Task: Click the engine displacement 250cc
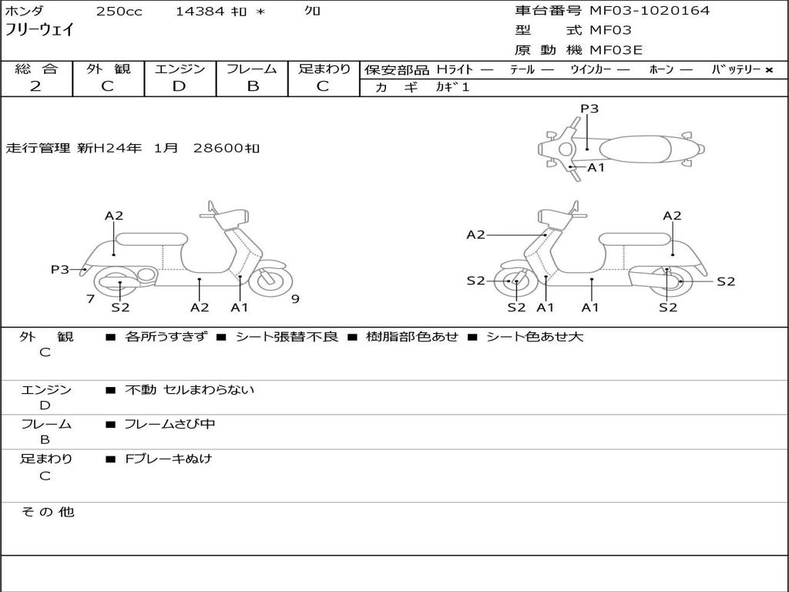(x=113, y=12)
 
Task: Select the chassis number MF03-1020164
(x=650, y=11)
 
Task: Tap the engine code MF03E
(x=616, y=50)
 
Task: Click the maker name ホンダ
(x=24, y=12)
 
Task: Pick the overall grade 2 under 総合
(x=35, y=86)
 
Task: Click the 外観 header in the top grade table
(x=108, y=69)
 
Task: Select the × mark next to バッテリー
(x=768, y=70)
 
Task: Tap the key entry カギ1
(x=452, y=87)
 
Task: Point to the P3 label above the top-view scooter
(x=589, y=109)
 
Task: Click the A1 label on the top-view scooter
(x=596, y=167)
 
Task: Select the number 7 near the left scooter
(x=91, y=299)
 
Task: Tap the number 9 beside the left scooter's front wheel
(x=295, y=299)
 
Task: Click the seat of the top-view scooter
(x=632, y=149)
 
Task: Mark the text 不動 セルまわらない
(x=190, y=390)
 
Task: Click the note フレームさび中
(x=170, y=424)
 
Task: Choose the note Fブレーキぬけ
(x=168, y=459)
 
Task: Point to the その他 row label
(x=47, y=512)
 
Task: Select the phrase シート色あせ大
(x=534, y=337)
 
